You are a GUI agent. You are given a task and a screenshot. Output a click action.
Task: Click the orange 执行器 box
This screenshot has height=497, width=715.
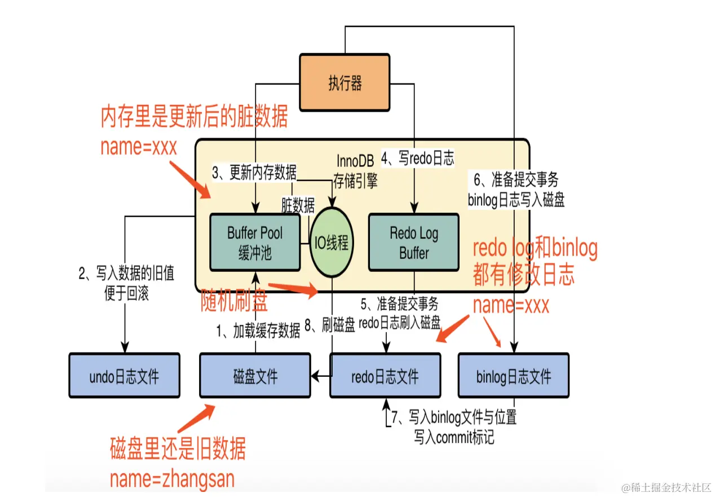coord(344,82)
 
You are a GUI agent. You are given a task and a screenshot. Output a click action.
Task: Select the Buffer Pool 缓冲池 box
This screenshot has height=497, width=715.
coord(254,243)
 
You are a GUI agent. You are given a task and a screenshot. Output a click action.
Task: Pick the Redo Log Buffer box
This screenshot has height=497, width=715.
coord(413,243)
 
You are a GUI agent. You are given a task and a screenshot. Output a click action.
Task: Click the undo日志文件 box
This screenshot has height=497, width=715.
coord(124,376)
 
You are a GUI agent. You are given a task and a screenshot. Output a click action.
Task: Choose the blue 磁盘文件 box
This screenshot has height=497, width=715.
coord(255,376)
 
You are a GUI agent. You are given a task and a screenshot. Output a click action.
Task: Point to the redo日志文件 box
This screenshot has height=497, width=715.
coord(385,376)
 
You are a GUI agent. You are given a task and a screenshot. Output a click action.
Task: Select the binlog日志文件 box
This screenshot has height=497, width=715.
coord(513,376)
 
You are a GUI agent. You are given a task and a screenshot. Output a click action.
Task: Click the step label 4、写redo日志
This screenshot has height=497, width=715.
coord(417,158)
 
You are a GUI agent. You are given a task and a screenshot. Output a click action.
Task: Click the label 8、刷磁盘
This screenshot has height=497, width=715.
coord(330,326)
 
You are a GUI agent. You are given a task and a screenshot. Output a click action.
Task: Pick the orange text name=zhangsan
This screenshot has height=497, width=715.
coord(172,479)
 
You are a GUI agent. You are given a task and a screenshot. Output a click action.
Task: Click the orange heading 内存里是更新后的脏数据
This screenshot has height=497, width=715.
coord(194,117)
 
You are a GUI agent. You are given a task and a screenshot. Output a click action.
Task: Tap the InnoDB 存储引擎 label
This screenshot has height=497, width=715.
coord(355,170)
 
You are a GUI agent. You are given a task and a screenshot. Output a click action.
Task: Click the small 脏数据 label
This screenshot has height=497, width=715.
coord(298,206)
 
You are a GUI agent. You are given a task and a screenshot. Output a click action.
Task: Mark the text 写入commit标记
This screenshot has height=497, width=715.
coord(454,437)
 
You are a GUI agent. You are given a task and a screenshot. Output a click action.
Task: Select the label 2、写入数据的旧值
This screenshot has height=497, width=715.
coord(126,275)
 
